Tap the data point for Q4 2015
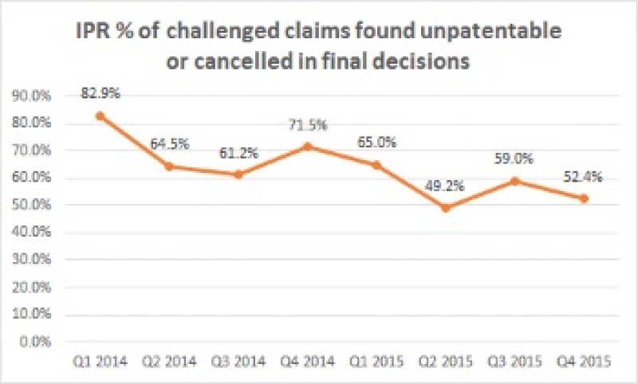click(585, 199)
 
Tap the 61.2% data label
click(238, 153)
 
